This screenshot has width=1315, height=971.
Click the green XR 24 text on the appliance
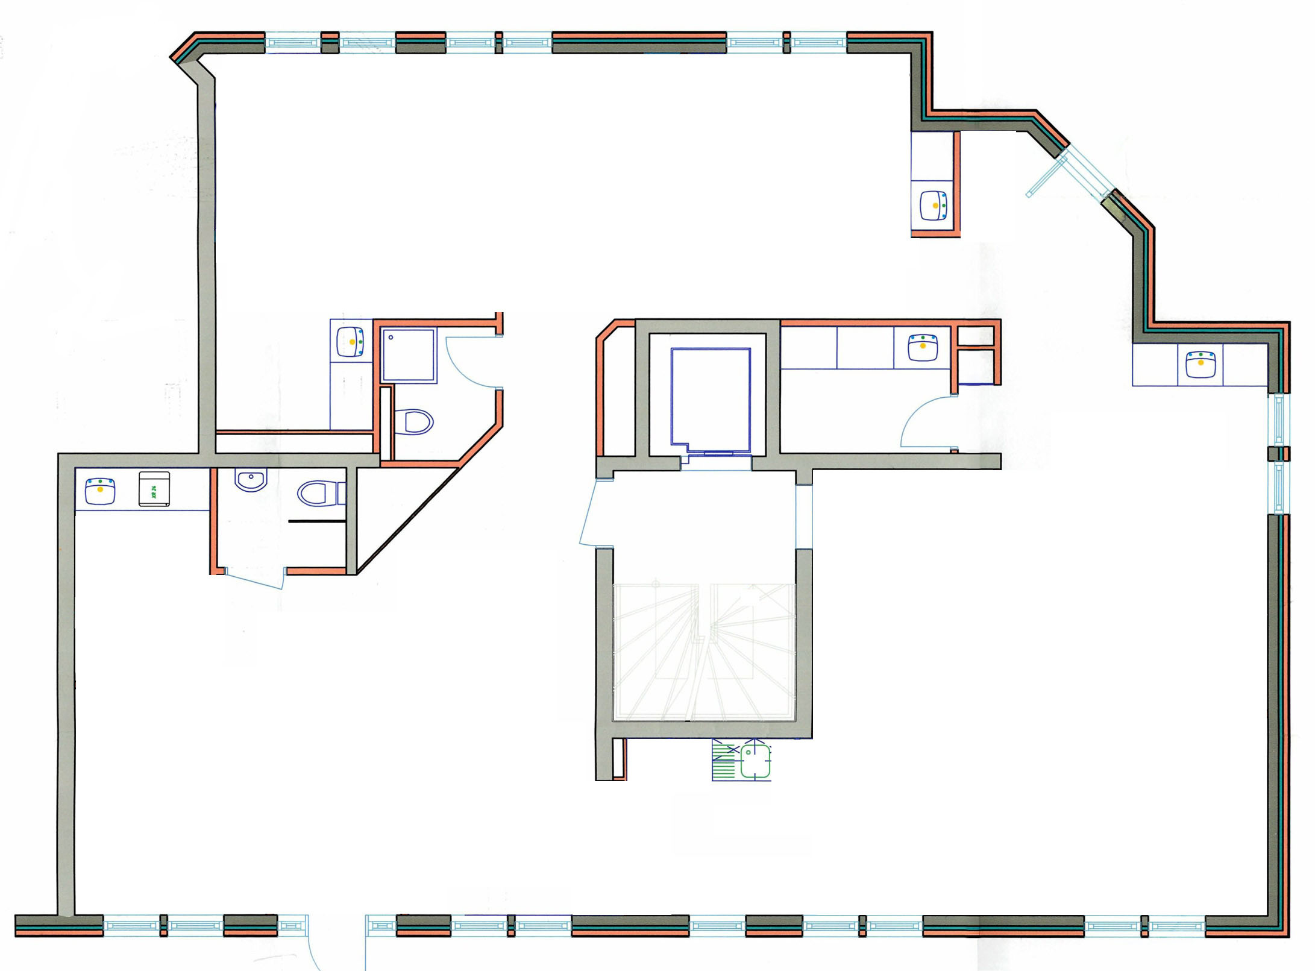[x=154, y=488]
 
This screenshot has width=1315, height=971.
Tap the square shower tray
[x=409, y=355]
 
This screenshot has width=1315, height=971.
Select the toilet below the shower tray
[x=416, y=422]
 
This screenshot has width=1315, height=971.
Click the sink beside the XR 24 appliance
[x=100, y=491]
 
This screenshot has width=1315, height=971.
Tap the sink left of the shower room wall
[x=351, y=342]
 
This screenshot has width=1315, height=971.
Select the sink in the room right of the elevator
[x=923, y=348]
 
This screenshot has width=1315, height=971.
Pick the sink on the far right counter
[x=1200, y=364]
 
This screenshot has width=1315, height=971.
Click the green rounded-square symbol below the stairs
[x=755, y=761]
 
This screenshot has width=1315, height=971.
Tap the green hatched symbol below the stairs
[x=724, y=760]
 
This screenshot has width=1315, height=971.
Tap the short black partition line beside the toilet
[x=316, y=521]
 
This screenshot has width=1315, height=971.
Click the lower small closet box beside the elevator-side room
[x=976, y=367]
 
